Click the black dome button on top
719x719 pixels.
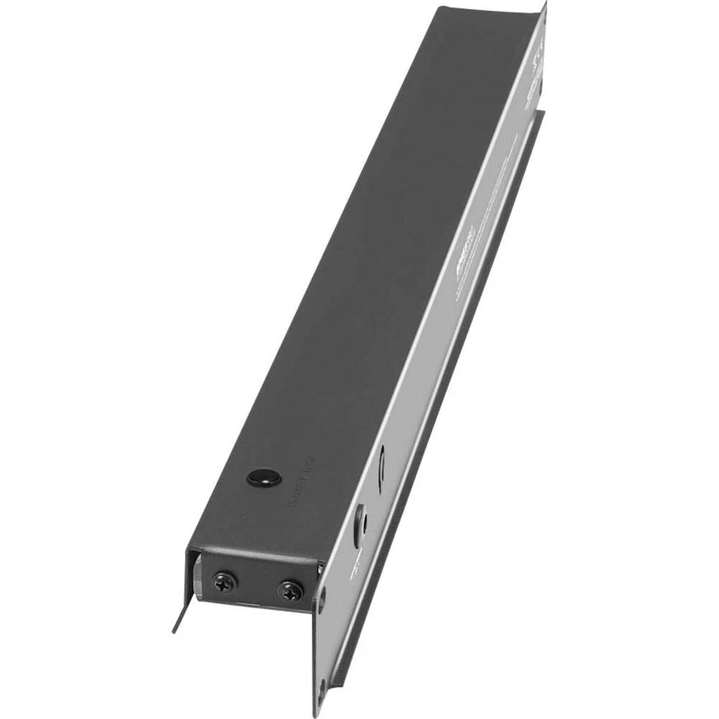[x=263, y=477]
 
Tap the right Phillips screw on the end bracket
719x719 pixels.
[x=290, y=592]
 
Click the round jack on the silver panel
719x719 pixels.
[x=362, y=519]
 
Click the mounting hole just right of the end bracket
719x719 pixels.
[x=321, y=599]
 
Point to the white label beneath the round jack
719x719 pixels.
[x=354, y=572]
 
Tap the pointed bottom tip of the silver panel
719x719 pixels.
[x=316, y=712]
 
